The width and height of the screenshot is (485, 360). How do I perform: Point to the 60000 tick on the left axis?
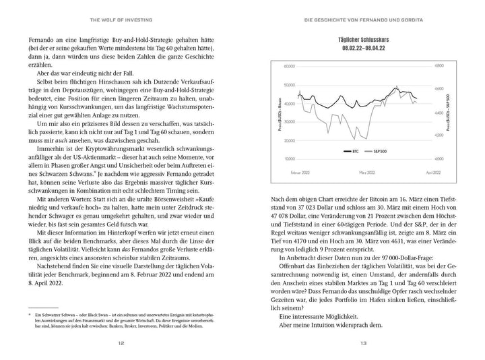tap(290, 66)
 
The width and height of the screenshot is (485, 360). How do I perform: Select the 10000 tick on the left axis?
tap(290, 158)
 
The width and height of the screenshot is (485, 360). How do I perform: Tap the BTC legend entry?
tap(354, 152)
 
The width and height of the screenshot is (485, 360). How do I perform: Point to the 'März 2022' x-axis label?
tap(367, 173)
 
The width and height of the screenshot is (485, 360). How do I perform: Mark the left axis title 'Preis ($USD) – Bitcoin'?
tap(282, 112)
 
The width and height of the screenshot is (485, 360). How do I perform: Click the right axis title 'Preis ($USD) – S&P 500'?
tap(447, 112)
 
